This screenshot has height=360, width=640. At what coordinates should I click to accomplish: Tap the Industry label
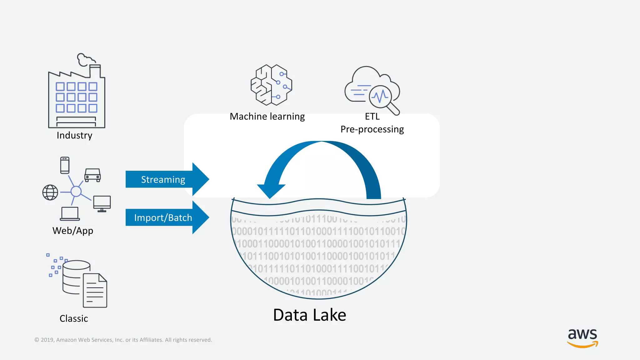(x=74, y=135)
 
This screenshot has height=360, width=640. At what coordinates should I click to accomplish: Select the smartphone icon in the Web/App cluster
(x=65, y=165)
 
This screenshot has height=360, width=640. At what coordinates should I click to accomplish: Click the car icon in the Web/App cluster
(x=92, y=175)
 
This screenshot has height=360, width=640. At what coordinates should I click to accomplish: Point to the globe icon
(x=50, y=192)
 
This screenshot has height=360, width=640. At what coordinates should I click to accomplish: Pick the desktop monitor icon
(x=102, y=203)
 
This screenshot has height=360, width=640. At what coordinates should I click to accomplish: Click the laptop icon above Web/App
(x=70, y=214)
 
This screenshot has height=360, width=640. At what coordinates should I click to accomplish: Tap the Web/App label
(x=73, y=231)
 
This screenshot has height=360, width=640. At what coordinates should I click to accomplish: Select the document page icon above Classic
(x=95, y=291)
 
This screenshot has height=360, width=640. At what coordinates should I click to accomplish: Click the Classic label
(x=74, y=318)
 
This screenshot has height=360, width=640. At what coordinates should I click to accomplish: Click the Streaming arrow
(x=166, y=179)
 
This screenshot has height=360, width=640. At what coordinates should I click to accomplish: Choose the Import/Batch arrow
(x=166, y=217)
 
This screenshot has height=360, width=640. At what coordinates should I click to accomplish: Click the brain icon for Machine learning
(x=271, y=85)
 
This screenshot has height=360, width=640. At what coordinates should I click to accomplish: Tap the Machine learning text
(x=267, y=117)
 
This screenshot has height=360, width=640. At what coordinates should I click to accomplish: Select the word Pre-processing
(x=372, y=129)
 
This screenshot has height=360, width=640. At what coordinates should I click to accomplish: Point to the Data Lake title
(x=309, y=315)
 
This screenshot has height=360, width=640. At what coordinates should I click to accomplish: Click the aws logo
(x=582, y=337)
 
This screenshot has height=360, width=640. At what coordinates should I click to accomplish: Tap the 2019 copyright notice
(x=123, y=340)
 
